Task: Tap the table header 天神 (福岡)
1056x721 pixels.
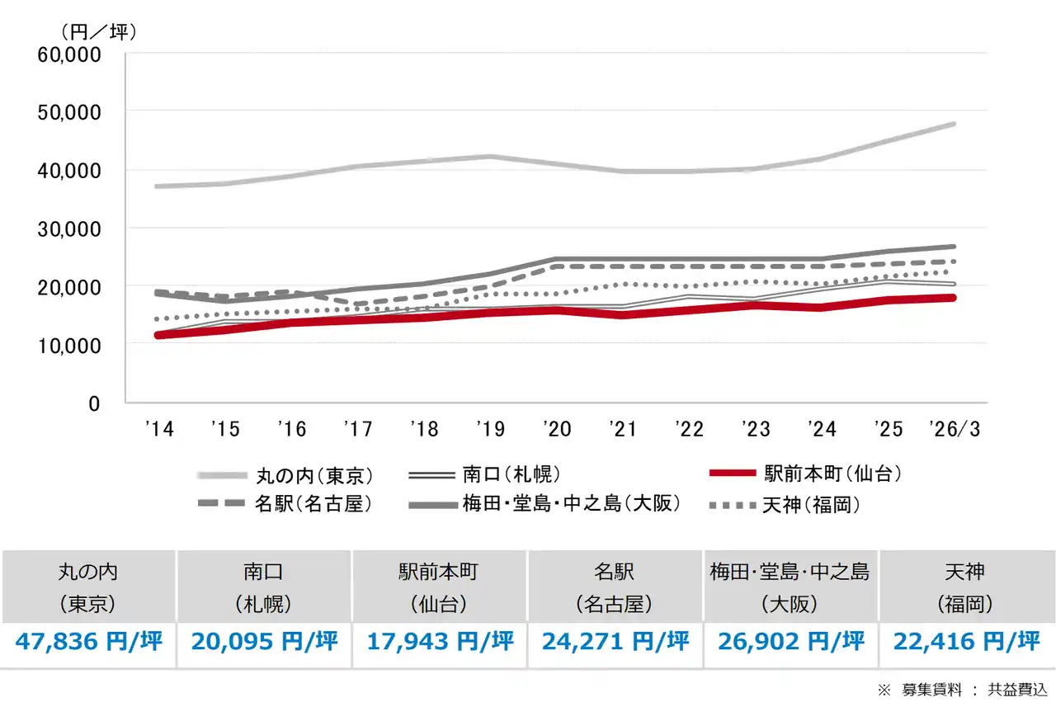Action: click(x=965, y=587)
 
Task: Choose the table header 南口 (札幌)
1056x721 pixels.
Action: click(x=264, y=587)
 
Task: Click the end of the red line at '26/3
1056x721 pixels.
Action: click(x=952, y=298)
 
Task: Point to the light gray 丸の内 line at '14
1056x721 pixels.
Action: click(x=158, y=186)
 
